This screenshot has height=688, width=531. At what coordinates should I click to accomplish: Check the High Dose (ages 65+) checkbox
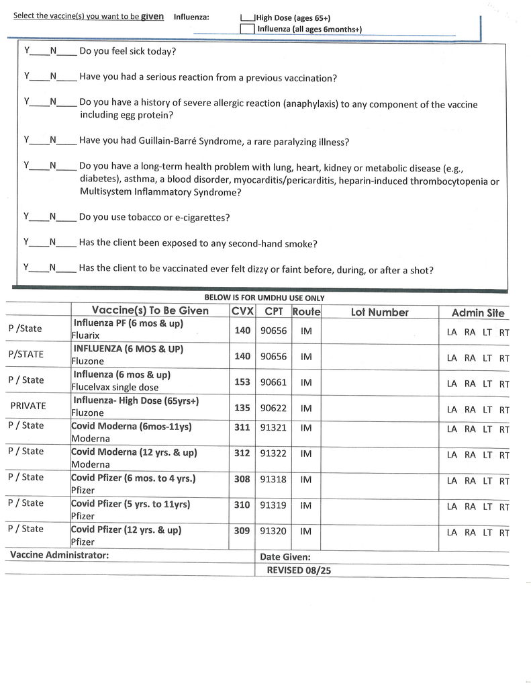point(247,18)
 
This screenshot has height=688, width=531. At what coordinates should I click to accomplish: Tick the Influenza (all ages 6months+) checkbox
point(247,29)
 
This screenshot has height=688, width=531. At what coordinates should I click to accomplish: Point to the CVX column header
point(242,312)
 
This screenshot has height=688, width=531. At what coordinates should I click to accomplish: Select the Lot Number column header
point(379,312)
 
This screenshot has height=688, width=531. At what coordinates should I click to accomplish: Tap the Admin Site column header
point(477,313)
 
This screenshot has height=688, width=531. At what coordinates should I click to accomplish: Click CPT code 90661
point(273,382)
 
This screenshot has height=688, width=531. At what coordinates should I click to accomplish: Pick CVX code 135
point(242,408)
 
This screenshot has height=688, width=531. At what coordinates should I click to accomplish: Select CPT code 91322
point(273,454)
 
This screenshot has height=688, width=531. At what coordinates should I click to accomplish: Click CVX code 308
point(242,479)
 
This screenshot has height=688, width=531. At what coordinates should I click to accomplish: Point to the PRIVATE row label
point(28,406)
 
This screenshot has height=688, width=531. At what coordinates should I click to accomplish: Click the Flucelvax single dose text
point(115,387)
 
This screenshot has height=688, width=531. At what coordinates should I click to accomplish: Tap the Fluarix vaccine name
point(87,335)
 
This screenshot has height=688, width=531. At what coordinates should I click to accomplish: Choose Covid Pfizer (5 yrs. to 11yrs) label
point(130,504)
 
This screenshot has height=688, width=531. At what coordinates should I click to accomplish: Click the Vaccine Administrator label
point(59,555)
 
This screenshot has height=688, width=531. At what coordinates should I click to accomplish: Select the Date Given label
point(285,557)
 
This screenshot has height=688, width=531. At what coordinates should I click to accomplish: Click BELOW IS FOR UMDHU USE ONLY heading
point(264,298)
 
